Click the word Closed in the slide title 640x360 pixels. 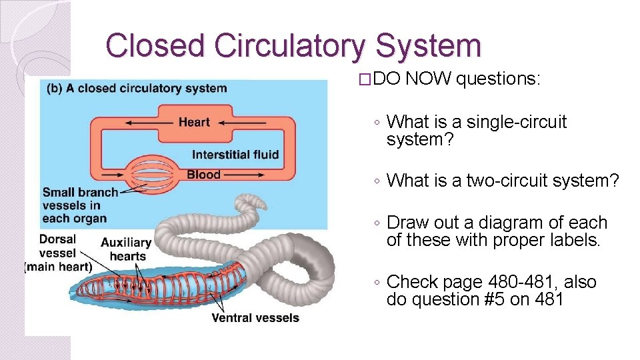[156, 46]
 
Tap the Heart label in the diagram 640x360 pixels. [194, 122]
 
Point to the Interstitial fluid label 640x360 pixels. [235, 155]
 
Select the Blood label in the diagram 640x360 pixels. [203, 175]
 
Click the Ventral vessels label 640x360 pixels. [255, 318]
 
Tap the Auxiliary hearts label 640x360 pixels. [126, 249]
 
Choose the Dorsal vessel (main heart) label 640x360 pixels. [58, 253]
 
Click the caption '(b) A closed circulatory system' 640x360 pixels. [133, 88]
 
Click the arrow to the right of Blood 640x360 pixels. [246, 175]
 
